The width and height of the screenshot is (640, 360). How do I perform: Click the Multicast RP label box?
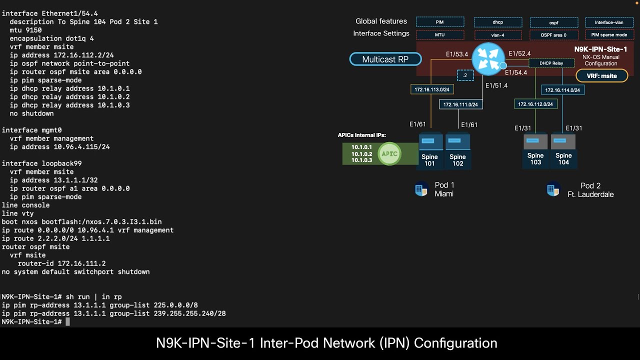tap(385, 59)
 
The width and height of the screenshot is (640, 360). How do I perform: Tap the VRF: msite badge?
tap(601, 76)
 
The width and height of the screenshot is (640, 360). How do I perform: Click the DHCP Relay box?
tap(550, 63)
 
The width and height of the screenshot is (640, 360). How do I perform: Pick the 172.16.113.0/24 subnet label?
tap(432, 90)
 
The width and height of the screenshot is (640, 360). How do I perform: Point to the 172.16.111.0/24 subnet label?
tap(460, 104)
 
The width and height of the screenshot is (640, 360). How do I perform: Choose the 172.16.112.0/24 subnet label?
tap(535, 104)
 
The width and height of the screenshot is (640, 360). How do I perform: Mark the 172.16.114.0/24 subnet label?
tap(562, 90)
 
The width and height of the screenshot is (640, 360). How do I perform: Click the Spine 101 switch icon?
tap(430, 142)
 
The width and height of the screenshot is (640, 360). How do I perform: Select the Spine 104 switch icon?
tap(563, 142)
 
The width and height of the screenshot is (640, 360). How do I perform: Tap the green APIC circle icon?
tap(389, 153)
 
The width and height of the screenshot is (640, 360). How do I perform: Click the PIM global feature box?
tap(440, 22)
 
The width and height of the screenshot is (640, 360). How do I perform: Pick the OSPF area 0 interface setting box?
tap(553, 35)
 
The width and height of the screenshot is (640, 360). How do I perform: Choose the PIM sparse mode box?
tap(609, 35)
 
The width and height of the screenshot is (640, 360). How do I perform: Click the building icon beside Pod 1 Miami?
tap(421, 190)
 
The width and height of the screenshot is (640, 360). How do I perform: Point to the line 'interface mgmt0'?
tap(31, 130)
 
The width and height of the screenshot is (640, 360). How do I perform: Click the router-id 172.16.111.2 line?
tap(61, 263)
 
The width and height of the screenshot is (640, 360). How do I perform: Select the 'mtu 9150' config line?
tap(25, 30)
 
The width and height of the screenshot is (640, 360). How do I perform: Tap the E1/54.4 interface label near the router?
tap(516, 73)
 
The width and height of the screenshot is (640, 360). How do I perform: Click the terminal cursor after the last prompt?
tap(68, 322)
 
